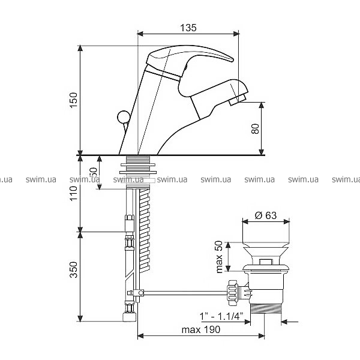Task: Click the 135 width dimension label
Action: coord(188,28)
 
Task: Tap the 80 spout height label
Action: coord(255,128)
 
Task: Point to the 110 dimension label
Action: coord(74,193)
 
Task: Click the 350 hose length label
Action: coord(74,269)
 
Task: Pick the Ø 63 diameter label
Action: coord(266,215)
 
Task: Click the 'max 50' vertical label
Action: coord(220,257)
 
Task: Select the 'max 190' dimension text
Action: coord(200,329)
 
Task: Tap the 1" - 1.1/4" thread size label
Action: coord(221,317)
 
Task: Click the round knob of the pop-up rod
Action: coord(124,117)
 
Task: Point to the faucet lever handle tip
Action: coord(232,59)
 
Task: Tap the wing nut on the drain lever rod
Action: coord(232,293)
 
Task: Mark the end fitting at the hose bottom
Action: coord(130,317)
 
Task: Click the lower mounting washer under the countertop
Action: coord(138,172)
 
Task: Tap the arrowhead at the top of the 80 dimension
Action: coord(261,106)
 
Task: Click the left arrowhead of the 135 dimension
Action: coord(140,34)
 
